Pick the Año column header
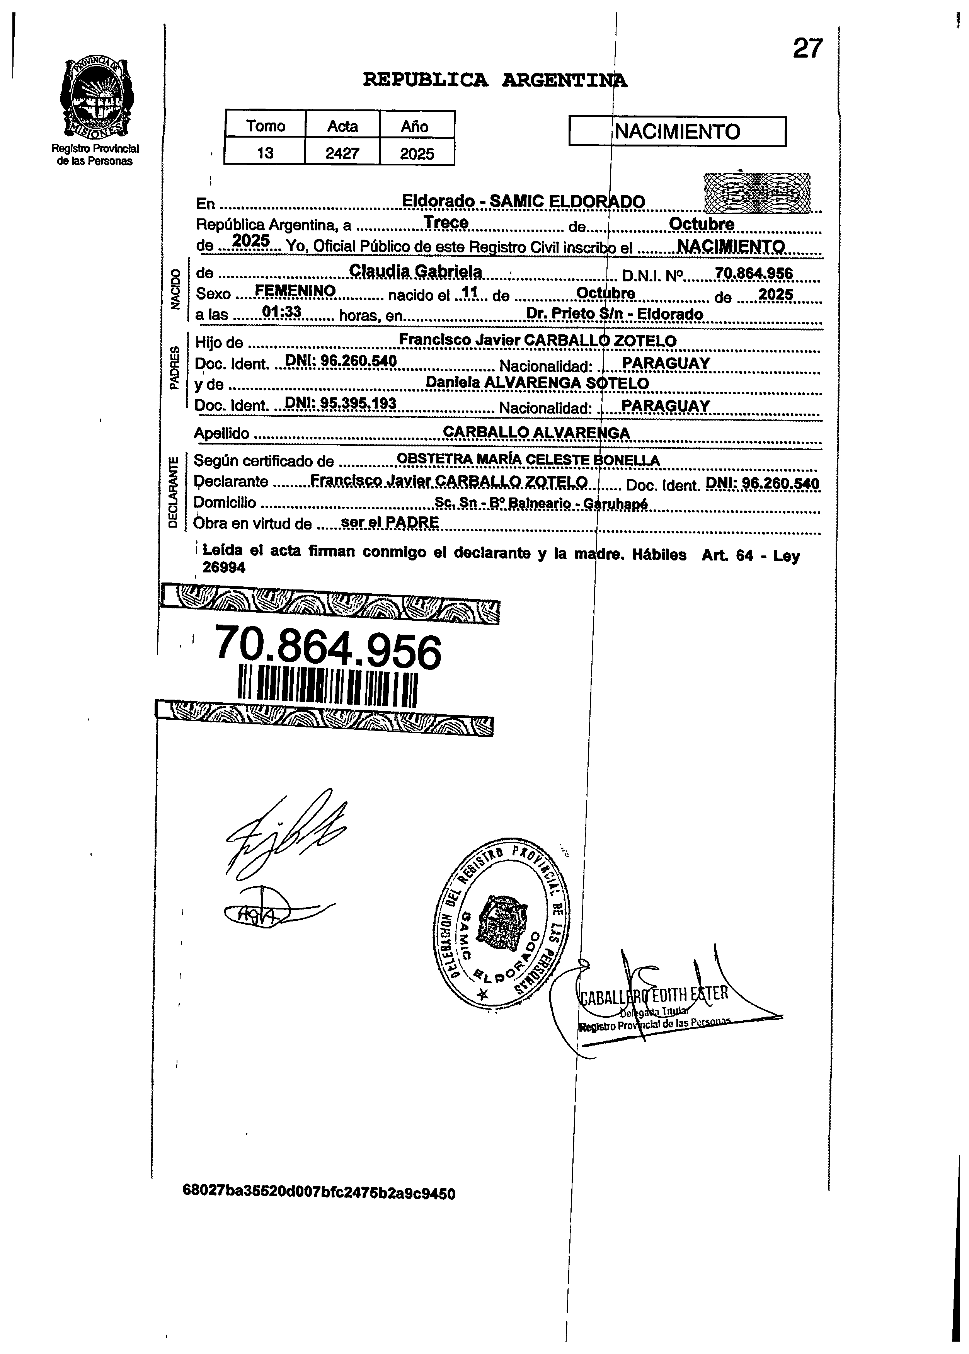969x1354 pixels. pos(415,126)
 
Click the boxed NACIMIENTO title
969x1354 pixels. pos(677,131)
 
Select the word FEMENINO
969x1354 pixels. pos(295,291)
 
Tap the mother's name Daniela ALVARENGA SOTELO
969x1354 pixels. pos(537,383)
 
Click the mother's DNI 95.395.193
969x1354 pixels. pos(341,404)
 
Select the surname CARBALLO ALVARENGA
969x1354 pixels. pos(536,432)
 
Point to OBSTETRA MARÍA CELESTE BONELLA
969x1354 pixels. pos(528,460)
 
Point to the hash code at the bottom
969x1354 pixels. pos(319,1193)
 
